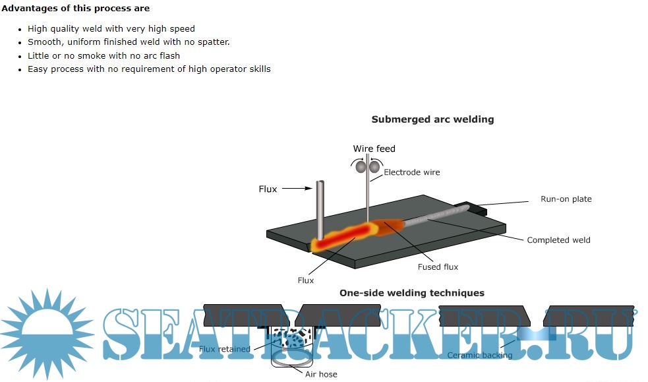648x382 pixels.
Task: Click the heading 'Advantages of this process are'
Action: click(76, 9)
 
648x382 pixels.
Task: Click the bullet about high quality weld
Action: click(111, 29)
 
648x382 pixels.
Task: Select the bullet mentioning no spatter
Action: click(129, 42)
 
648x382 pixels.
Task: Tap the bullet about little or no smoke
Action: click(103, 55)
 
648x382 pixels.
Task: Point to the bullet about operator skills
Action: click(149, 69)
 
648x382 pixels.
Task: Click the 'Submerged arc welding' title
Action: click(432, 119)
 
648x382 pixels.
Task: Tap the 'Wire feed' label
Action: click(374, 148)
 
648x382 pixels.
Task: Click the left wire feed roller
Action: click(361, 168)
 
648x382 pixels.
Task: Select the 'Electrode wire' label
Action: click(411, 172)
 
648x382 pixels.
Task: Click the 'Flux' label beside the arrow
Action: click(268, 189)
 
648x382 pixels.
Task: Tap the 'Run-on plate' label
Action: click(566, 199)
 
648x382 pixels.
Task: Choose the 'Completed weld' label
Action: click(558, 240)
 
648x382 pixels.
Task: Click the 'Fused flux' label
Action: click(438, 267)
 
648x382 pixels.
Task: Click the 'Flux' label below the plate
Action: click(306, 280)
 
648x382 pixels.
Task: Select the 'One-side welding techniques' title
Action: click(411, 293)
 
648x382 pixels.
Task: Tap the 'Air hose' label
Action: click(321, 374)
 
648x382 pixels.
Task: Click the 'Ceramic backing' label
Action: click(479, 355)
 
